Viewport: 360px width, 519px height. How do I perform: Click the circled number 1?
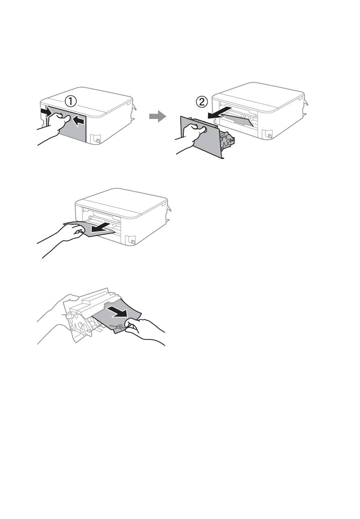coord(70,102)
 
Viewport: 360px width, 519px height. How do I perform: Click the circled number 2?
coord(202,102)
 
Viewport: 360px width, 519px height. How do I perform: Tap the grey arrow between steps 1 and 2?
coord(158,116)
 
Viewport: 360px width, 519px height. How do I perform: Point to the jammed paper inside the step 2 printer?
coord(239,119)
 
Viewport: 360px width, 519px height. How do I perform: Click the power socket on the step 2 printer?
coord(268,134)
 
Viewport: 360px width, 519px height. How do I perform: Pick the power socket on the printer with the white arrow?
coord(130,240)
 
